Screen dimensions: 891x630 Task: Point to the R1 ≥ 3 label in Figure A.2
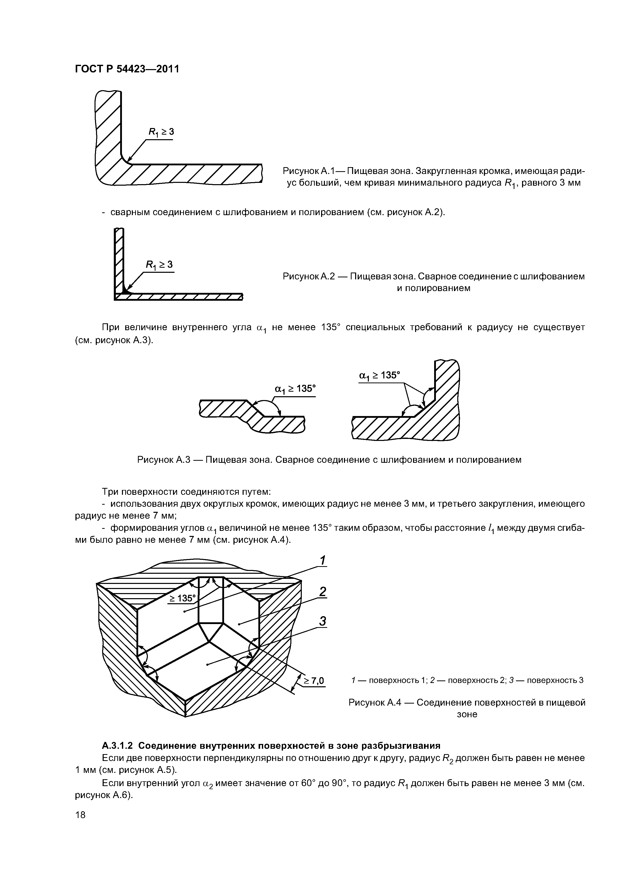point(159,265)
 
